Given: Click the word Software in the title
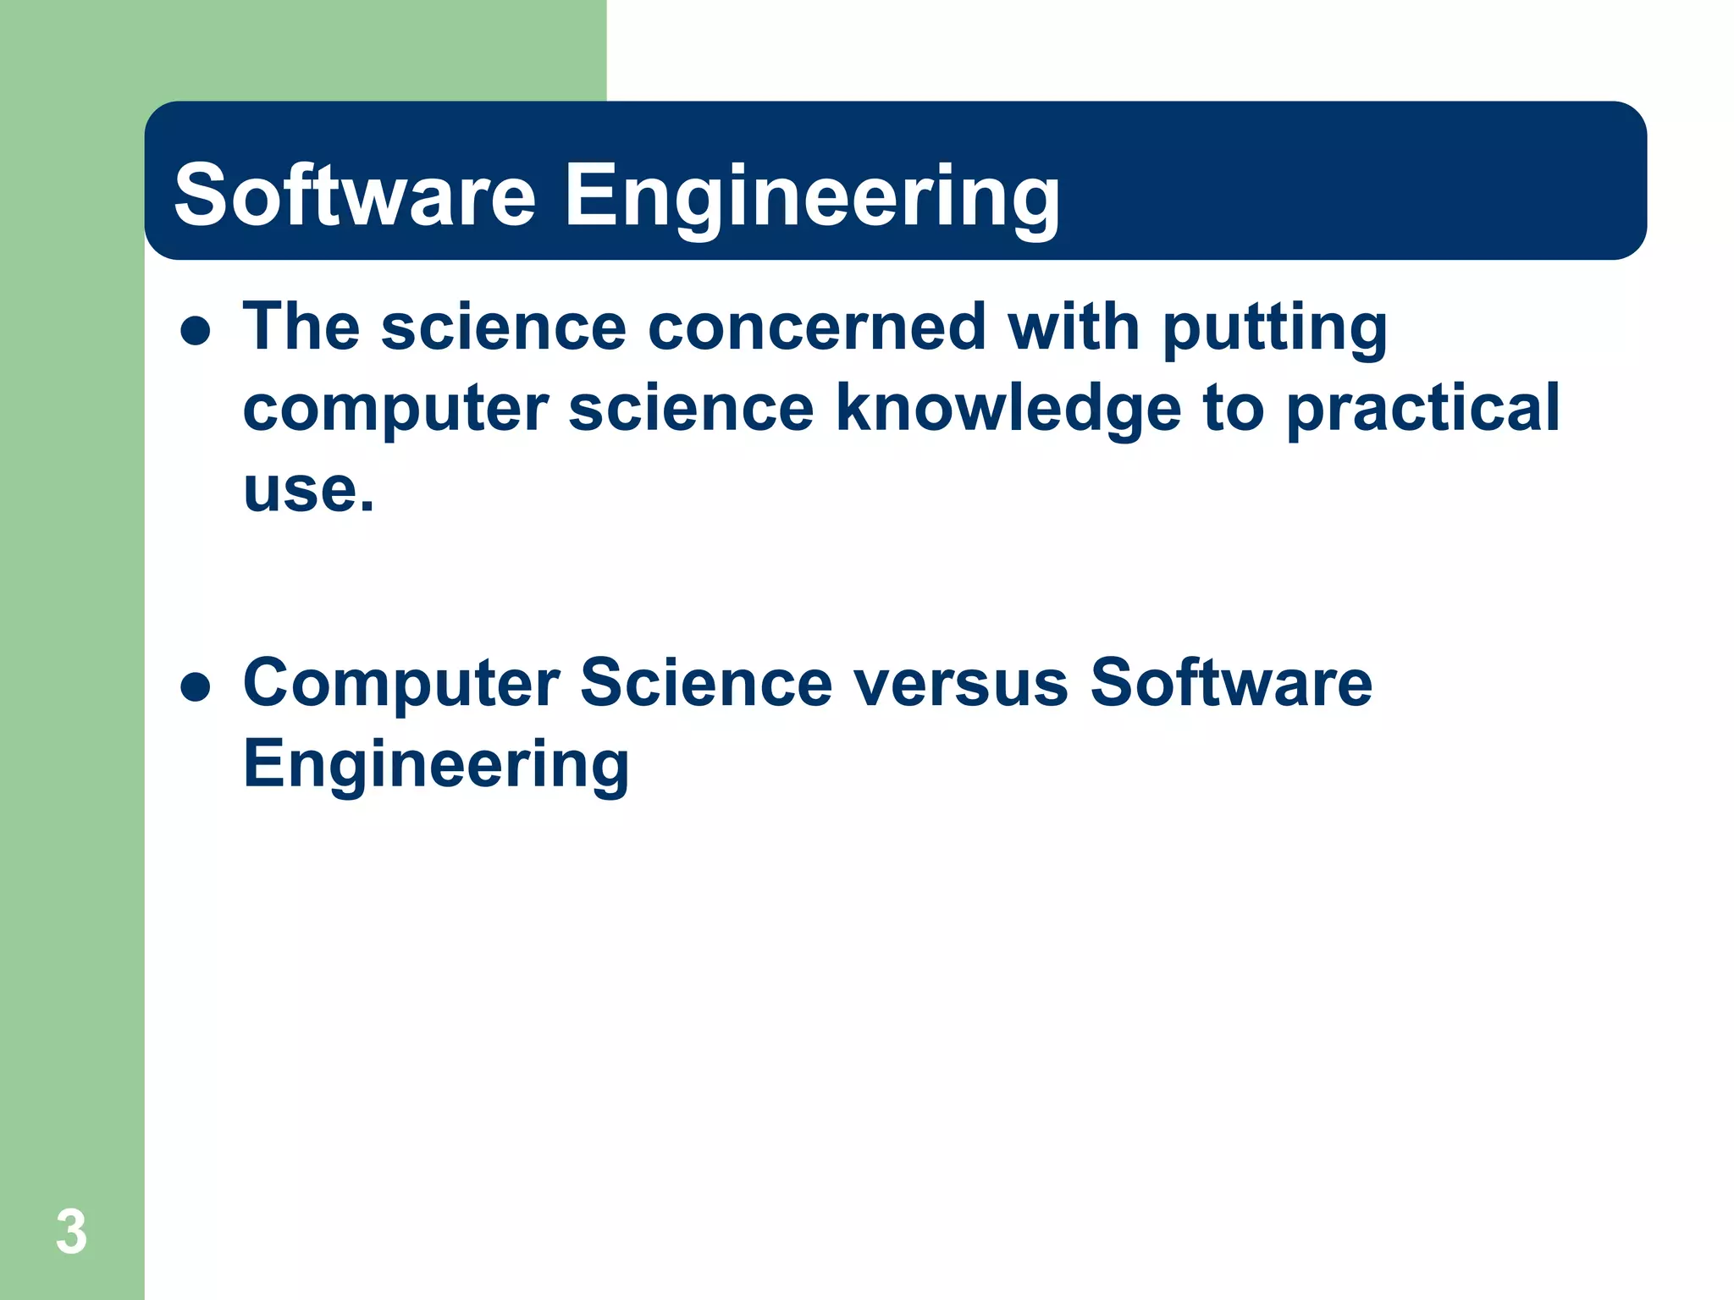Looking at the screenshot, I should [x=355, y=196].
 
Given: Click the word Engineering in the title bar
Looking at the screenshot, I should [x=811, y=199].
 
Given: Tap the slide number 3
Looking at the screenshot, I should [x=71, y=1232].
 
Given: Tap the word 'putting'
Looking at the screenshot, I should [x=1274, y=330].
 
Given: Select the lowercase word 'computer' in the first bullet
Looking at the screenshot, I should [x=395, y=410].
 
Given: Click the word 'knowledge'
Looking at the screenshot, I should [x=1008, y=410].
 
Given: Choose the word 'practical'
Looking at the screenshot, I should [x=1422, y=410].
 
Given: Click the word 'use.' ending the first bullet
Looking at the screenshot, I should [x=308, y=491].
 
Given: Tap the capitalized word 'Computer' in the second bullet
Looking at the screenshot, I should [x=401, y=684].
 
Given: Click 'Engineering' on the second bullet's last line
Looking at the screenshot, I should [x=436, y=765].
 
